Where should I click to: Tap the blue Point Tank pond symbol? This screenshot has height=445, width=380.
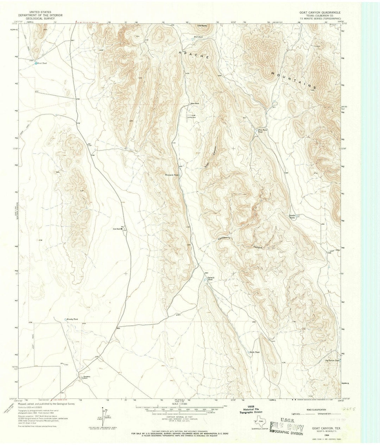click(x=36, y=63)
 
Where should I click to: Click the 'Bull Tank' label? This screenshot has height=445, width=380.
click(x=198, y=37)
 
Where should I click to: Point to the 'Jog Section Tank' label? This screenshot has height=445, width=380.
click(x=332, y=361)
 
